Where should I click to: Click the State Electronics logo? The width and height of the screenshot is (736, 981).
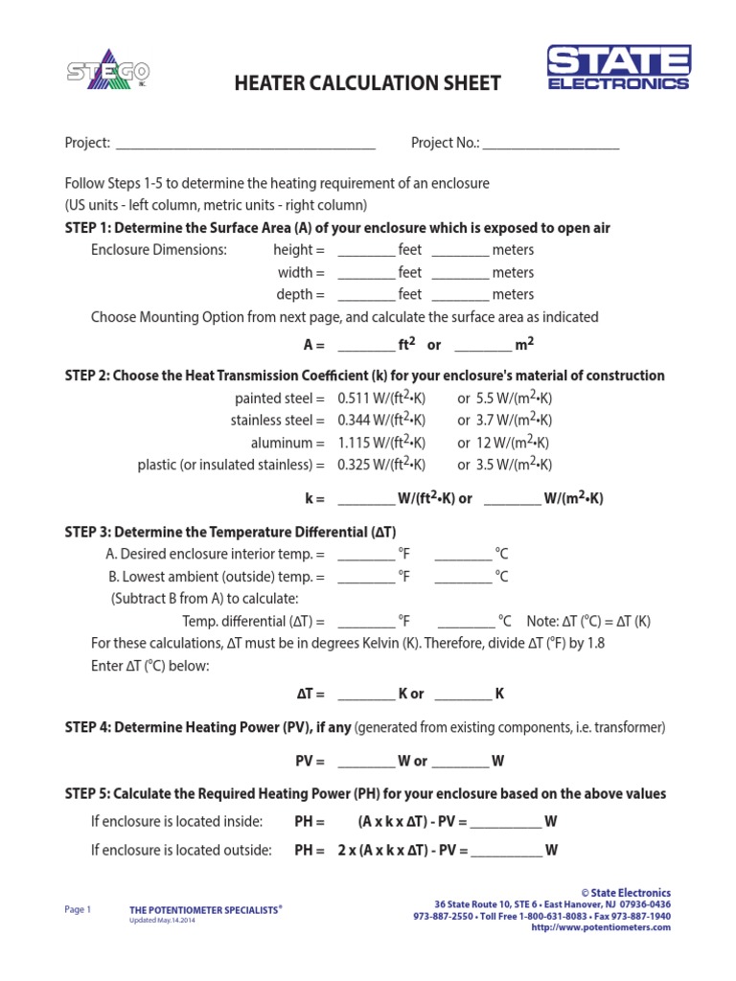617,68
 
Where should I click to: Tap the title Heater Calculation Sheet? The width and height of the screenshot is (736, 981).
367,83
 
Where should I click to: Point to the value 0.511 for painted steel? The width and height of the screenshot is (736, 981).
356,398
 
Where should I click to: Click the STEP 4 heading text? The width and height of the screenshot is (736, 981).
207,727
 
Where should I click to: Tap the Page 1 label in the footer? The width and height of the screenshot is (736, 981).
78,909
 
